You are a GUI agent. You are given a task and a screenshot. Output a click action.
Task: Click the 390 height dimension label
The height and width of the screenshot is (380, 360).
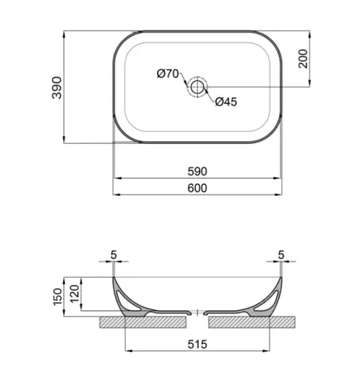coord(54,87)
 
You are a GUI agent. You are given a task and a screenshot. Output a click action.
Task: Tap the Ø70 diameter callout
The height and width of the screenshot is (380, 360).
coord(168,73)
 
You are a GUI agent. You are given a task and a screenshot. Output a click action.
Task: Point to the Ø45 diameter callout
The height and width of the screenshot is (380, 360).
coord(226,102)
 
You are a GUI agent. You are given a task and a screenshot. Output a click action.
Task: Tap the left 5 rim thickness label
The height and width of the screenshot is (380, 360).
coord(114,255)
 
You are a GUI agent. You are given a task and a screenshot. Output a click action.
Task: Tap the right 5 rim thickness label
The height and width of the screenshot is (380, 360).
coord(281,255)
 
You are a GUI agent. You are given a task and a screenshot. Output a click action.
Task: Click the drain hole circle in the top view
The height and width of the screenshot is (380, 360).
coord(197,87)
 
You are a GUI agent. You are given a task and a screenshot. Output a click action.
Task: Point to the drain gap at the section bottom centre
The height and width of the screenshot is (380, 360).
coord(197,313)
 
